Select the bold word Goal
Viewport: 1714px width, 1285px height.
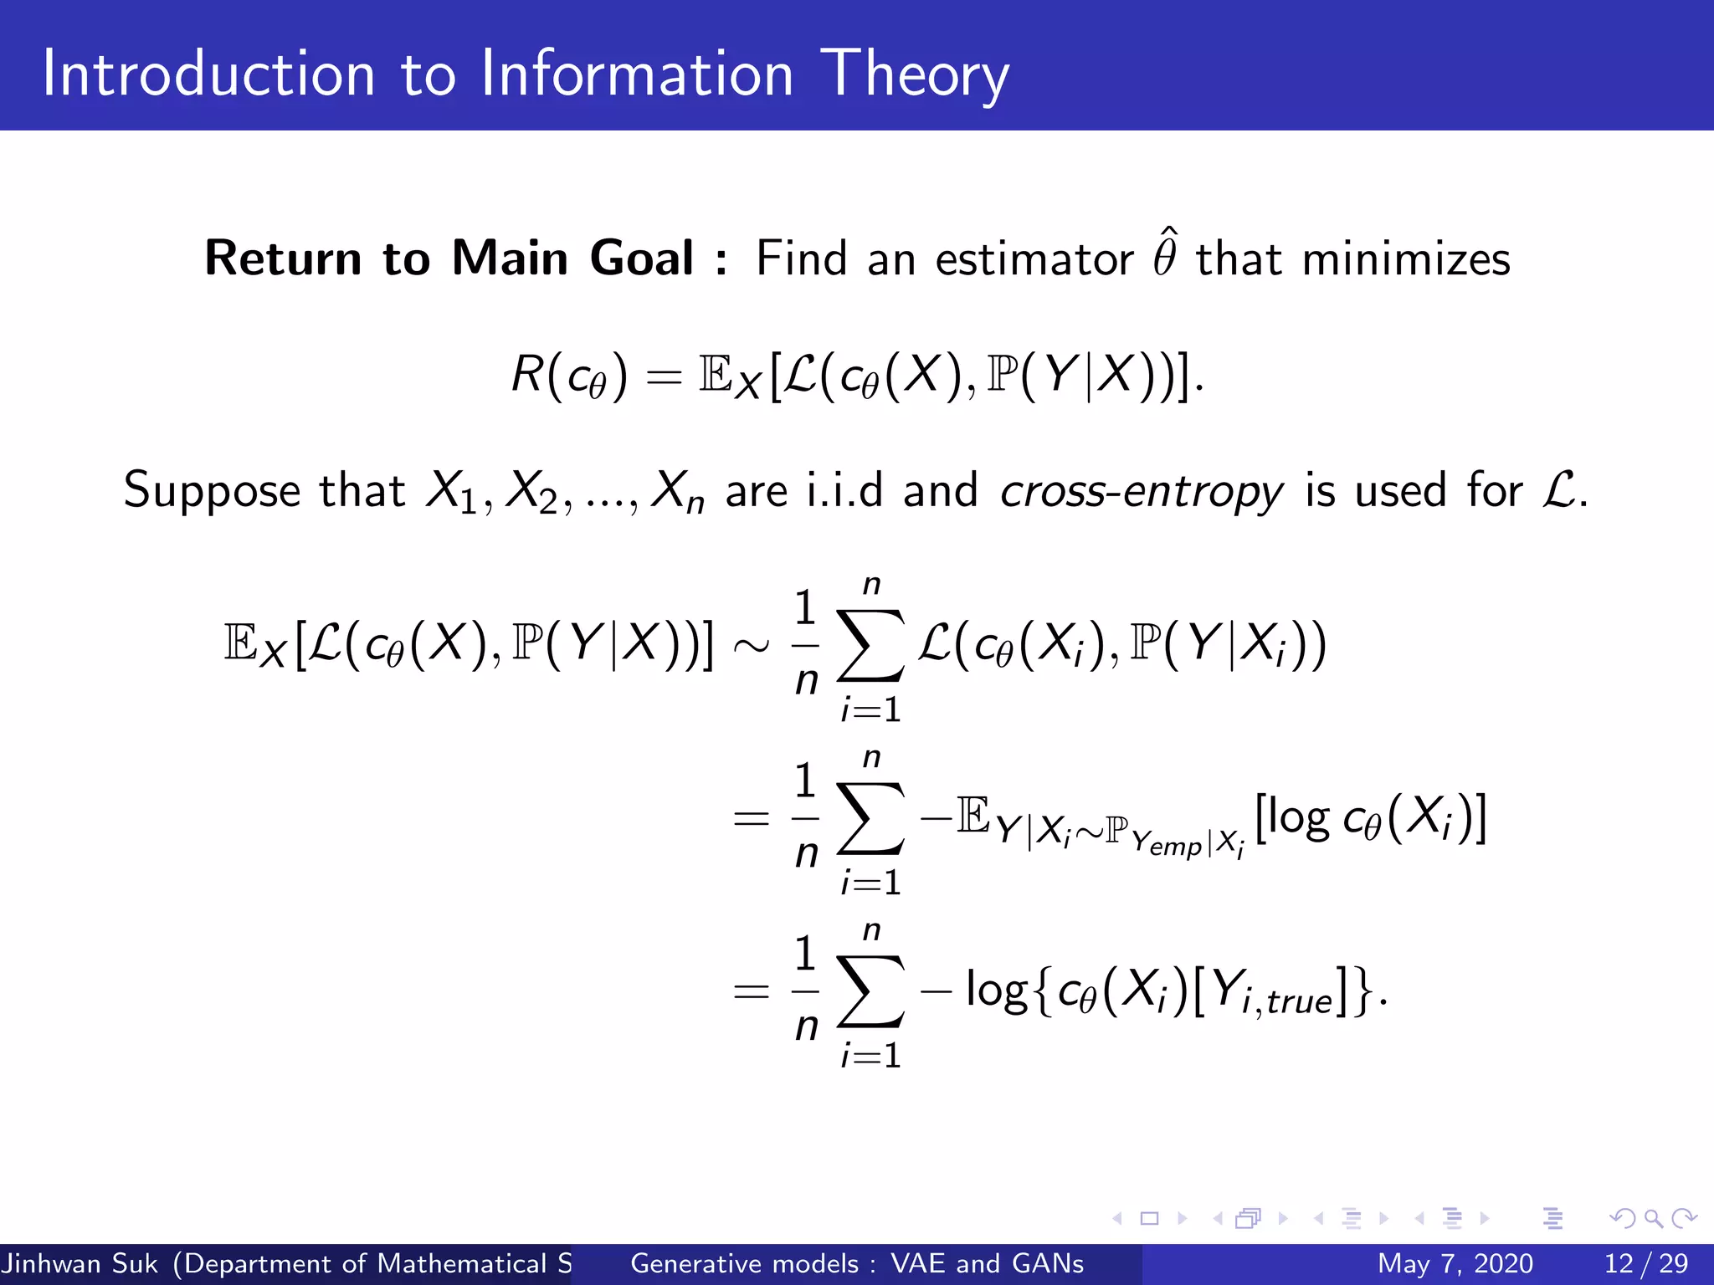click(x=641, y=258)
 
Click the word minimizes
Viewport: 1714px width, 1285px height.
click(x=1406, y=259)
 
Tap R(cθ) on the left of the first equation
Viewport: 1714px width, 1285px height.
click(x=569, y=375)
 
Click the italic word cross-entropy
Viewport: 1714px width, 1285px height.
click(x=1141, y=491)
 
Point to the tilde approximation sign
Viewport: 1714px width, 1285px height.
click(x=751, y=645)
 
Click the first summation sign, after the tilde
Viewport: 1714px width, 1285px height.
click(x=871, y=645)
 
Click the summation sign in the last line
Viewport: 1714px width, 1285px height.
click(x=871, y=991)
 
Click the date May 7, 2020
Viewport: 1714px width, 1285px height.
click(x=1455, y=1263)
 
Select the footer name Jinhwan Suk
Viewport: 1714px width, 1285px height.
click(x=80, y=1263)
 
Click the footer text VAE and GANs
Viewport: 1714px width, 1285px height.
click(x=987, y=1263)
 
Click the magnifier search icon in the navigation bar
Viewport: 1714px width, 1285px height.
click(x=1653, y=1218)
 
